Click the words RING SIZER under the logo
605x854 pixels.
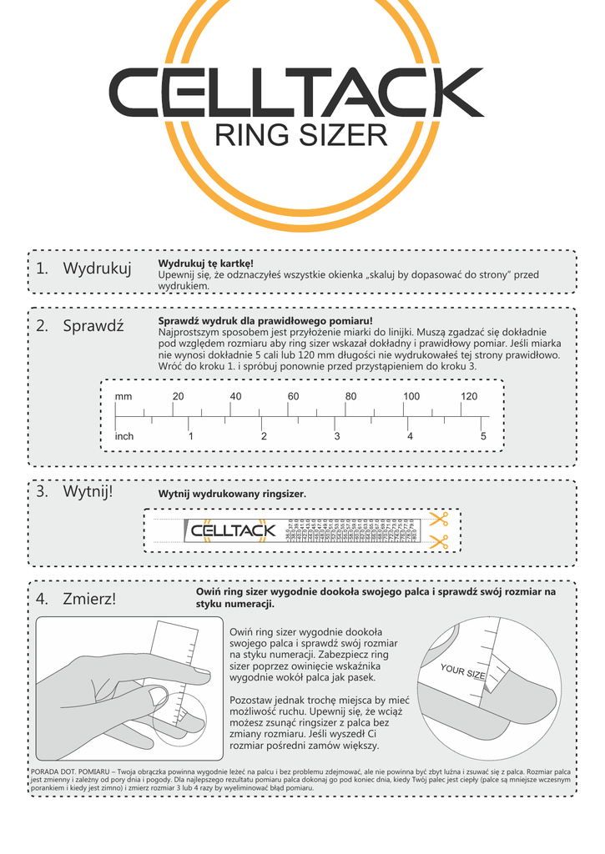pos(301,134)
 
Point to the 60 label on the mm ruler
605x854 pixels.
pos(293,396)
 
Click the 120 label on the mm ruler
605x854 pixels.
pos(469,396)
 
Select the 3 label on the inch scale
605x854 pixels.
pos(337,436)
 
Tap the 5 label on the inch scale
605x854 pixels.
pos(483,436)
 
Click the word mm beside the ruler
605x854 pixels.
pos(124,396)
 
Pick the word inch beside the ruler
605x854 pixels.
pos(124,436)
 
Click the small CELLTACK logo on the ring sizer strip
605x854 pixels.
pos(233,530)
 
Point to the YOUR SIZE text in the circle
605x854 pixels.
pos(462,671)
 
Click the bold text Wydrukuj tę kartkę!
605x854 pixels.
pos(205,264)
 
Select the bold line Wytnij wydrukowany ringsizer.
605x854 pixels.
pos(232,495)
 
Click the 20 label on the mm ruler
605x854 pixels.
pos(178,396)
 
